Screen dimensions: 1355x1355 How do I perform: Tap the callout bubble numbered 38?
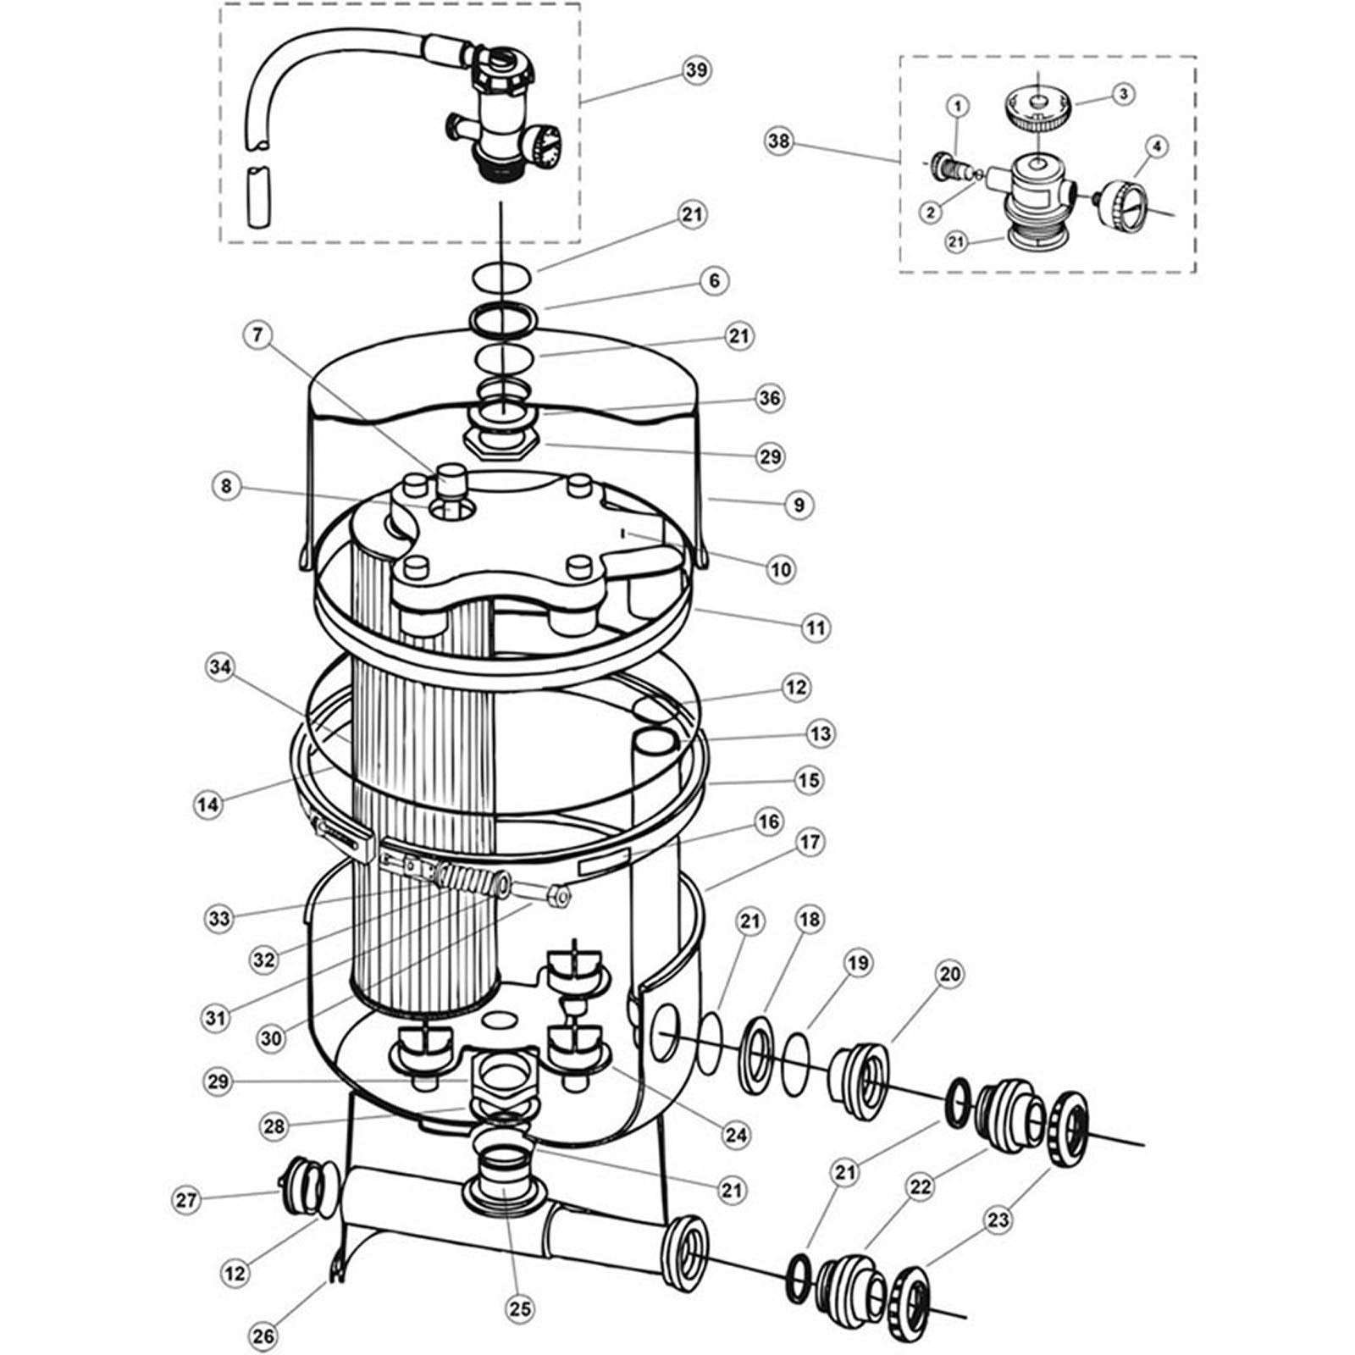779,141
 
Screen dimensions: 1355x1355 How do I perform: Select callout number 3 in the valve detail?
1122,94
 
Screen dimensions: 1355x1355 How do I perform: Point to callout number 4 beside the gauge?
1156,147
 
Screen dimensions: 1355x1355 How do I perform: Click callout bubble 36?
770,398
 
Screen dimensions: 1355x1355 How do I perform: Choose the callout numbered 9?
799,505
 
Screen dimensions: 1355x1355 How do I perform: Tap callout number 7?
258,335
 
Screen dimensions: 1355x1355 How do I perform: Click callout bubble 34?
220,667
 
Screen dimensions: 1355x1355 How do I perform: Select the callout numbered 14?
207,804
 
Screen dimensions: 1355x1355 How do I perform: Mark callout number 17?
810,843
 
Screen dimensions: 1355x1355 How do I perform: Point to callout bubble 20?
950,974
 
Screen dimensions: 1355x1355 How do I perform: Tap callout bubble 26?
263,1336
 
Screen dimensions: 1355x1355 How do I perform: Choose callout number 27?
186,1199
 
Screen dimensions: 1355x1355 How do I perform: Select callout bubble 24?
737,1134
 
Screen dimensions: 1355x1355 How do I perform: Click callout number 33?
220,918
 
